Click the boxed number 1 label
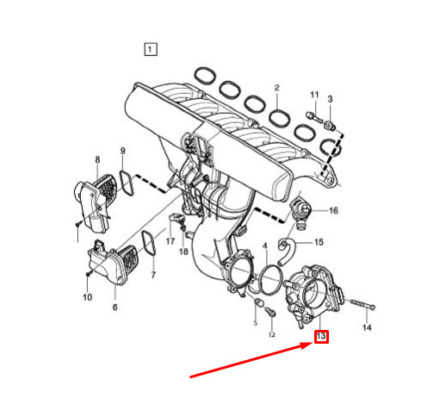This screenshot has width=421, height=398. click(x=151, y=49)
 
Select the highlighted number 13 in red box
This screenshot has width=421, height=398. click(x=321, y=336)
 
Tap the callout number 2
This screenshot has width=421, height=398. click(x=277, y=89)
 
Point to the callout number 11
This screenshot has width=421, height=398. click(x=314, y=94)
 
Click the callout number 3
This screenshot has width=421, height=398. click(x=329, y=101)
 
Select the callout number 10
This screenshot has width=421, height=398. click(x=87, y=297)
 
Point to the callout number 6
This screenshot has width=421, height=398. click(x=115, y=308)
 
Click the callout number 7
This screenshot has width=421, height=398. click(x=153, y=276)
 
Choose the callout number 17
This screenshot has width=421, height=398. click(x=170, y=242)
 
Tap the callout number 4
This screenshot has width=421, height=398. click(x=266, y=247)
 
